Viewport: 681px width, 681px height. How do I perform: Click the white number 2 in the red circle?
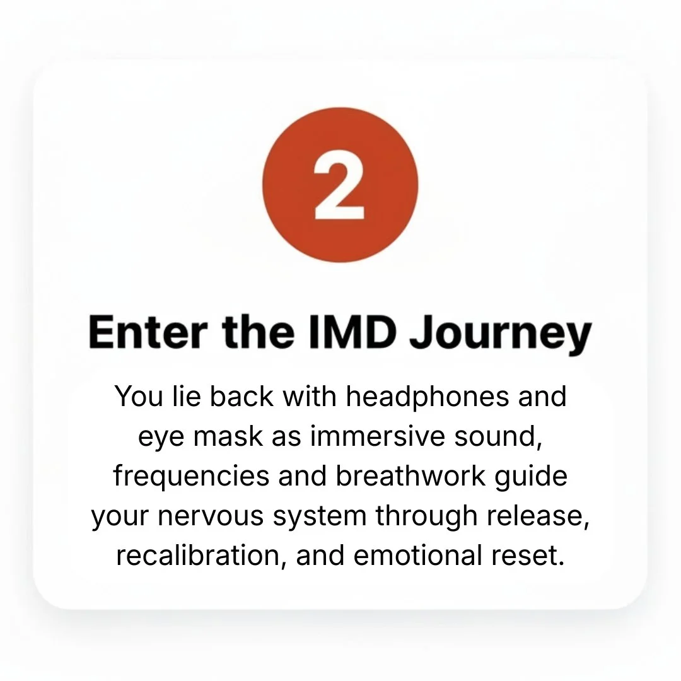click(x=339, y=185)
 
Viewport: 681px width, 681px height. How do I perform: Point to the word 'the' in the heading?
click(x=259, y=332)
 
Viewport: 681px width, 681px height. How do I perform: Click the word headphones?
click(x=428, y=397)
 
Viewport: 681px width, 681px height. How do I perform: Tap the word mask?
click(x=228, y=436)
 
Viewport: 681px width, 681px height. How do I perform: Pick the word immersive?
click(x=378, y=436)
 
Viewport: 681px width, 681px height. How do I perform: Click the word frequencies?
click(x=192, y=477)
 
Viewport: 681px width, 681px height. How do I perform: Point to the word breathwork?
click(x=410, y=475)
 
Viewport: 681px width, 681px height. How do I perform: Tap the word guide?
click(x=531, y=477)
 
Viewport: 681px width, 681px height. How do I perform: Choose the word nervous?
click(x=211, y=516)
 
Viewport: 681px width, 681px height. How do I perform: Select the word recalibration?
click(x=197, y=555)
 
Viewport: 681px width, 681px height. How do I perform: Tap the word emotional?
click(x=418, y=555)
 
